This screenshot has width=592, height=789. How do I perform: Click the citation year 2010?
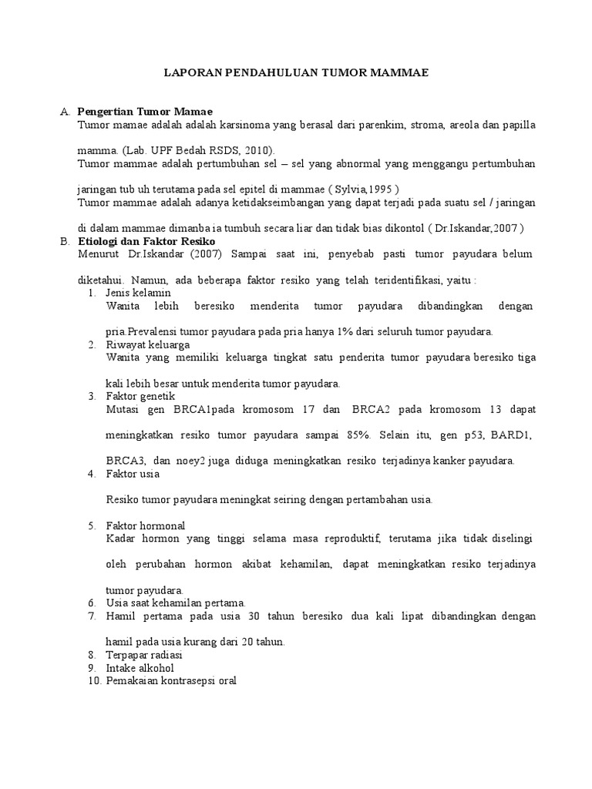point(257,149)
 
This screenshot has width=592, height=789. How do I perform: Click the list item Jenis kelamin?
point(138,293)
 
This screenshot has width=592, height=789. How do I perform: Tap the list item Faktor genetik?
point(140,396)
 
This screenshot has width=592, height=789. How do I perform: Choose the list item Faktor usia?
point(133,474)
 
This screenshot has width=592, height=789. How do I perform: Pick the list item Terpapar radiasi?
point(143,654)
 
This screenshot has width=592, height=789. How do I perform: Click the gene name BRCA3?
point(123,461)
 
